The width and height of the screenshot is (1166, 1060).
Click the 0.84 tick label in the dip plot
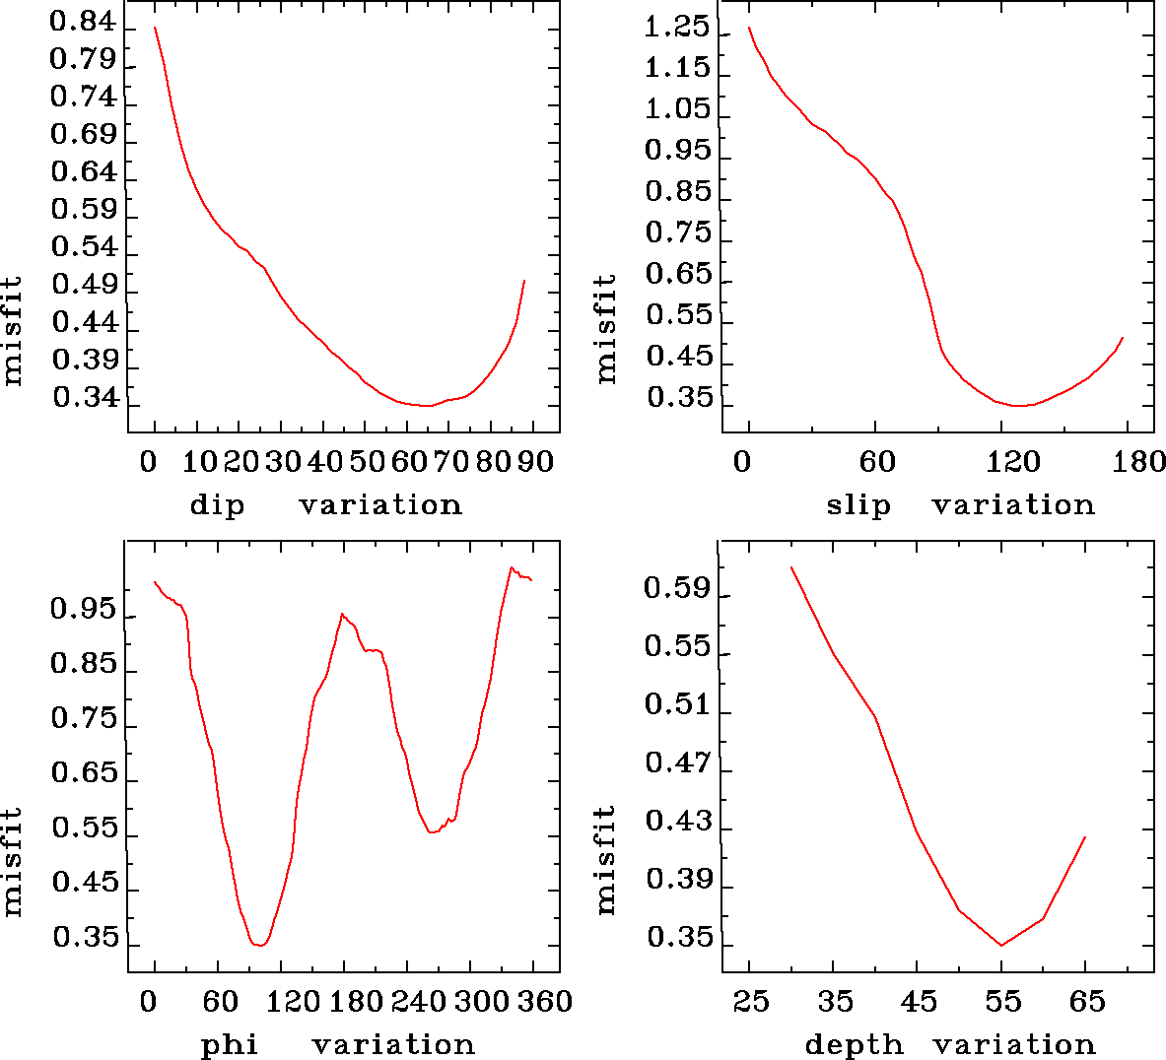[x=83, y=23]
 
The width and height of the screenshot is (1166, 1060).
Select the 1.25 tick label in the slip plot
[x=676, y=27]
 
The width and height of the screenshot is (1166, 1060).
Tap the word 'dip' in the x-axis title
[x=217, y=505]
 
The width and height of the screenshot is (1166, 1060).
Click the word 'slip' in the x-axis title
[x=858, y=505]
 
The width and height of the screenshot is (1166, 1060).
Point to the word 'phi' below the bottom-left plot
[x=230, y=1044]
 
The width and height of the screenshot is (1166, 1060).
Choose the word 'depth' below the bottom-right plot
[x=854, y=1044]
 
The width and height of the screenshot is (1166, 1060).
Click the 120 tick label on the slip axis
[x=1014, y=462]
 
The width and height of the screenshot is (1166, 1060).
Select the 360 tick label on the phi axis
[x=545, y=1002]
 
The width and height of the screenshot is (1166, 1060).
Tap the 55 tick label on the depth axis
[x=1003, y=1002]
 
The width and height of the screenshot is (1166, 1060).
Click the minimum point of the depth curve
[x=1001, y=946]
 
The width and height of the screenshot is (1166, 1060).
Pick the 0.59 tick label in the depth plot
[x=676, y=589]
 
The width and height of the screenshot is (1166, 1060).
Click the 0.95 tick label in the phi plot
[x=83, y=610]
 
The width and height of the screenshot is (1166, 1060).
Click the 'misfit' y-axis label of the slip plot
[x=605, y=329]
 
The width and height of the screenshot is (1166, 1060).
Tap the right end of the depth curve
[x=1085, y=837]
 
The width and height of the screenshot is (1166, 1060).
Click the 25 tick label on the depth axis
[x=751, y=1002]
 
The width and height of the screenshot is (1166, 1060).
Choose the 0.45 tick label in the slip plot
[x=678, y=356]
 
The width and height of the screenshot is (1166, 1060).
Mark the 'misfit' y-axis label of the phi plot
[x=12, y=862]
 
